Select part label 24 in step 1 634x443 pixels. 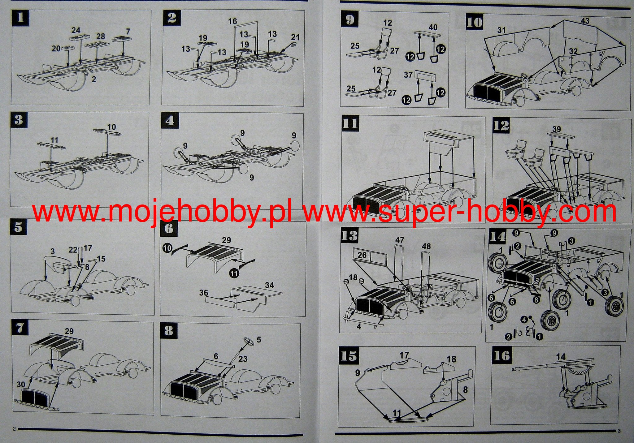pyautogui.click(x=76, y=30)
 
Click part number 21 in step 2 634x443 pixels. pyautogui.click(x=295, y=37)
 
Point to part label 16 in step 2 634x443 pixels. pyautogui.click(x=232, y=21)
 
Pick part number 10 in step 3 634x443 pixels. pyautogui.click(x=111, y=127)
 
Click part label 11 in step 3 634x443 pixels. pyautogui.click(x=54, y=140)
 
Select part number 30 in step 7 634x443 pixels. pyautogui.click(x=21, y=384)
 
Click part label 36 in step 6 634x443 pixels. pyautogui.click(x=203, y=293)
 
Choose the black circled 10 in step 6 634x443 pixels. pyautogui.click(x=167, y=248)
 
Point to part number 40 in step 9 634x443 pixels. pyautogui.click(x=433, y=27)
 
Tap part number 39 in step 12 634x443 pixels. pyautogui.click(x=556, y=129)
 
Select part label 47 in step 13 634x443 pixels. pyautogui.click(x=400, y=240)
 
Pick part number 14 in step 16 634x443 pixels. pyautogui.click(x=560, y=357)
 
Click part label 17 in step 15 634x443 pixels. pyautogui.click(x=404, y=355)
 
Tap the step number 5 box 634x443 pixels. pyautogui.click(x=19, y=228)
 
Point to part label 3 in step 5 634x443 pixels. pyautogui.click(x=53, y=251)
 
